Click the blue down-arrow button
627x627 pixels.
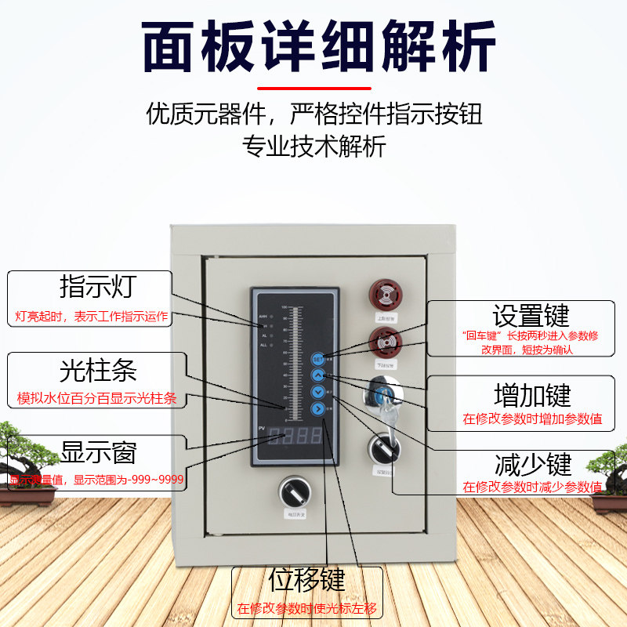coord(318,392)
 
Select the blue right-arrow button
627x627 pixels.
coord(318,408)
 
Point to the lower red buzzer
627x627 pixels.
coord(384,342)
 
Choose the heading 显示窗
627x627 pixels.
coord(98,452)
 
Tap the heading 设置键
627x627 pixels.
coord(531,316)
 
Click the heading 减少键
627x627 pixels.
coord(532,464)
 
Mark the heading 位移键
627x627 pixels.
coord(306,582)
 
